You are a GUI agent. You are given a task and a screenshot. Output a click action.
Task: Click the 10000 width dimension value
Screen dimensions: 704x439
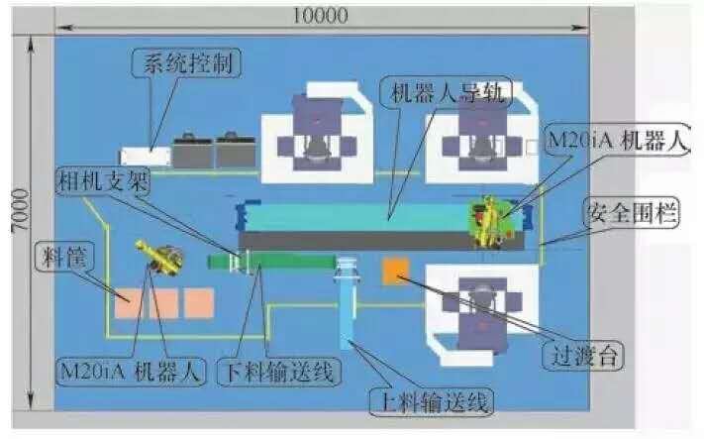[x=321, y=16]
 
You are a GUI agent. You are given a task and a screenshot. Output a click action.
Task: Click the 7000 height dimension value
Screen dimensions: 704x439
[x=20, y=210]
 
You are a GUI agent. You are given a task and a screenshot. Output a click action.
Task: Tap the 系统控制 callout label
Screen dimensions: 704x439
[x=187, y=62]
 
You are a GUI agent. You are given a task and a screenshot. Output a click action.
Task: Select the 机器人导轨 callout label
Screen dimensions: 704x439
[x=447, y=93]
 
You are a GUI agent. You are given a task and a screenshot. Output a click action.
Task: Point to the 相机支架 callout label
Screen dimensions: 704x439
[x=103, y=181]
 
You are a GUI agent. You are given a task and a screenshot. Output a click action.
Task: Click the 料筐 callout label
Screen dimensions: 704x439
[x=64, y=257]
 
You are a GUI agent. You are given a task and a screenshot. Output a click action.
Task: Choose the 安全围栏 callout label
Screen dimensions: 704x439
[x=632, y=212]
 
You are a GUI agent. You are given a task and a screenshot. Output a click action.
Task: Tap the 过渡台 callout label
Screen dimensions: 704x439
[x=583, y=356]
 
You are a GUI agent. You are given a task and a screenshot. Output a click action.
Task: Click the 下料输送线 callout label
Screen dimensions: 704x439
[x=279, y=372]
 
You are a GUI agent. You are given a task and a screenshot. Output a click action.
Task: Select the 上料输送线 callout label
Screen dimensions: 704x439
[x=432, y=400]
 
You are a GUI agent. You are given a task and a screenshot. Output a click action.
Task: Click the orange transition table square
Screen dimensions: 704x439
[x=395, y=271]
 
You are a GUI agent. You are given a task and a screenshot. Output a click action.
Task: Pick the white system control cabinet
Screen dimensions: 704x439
[x=146, y=157]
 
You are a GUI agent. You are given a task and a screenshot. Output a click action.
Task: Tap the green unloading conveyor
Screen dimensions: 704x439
[x=271, y=262]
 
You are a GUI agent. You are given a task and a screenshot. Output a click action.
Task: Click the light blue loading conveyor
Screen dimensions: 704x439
[x=348, y=302]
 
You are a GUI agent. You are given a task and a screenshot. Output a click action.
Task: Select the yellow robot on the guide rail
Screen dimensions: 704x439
[x=489, y=222]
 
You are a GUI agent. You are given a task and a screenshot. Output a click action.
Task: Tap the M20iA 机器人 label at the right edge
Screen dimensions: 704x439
[x=618, y=141]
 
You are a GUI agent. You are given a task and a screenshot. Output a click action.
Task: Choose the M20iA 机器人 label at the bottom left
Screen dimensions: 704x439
[x=130, y=372]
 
